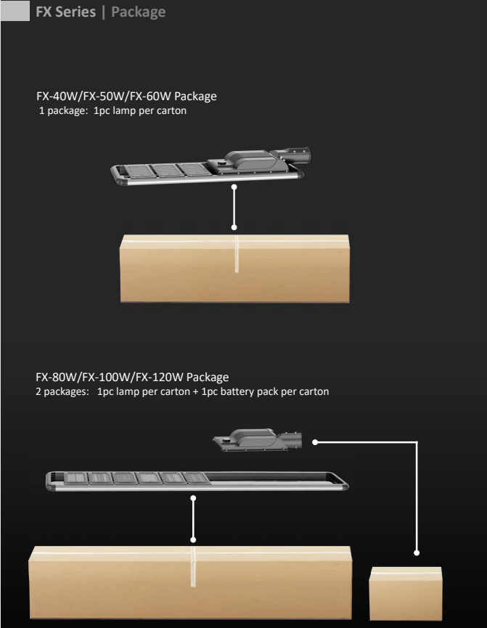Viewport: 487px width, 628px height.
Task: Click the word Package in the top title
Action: [x=138, y=12]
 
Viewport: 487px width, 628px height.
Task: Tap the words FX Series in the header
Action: [x=65, y=12]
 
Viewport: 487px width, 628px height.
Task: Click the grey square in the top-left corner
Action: [x=15, y=10]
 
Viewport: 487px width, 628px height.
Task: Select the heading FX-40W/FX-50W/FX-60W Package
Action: [x=126, y=96]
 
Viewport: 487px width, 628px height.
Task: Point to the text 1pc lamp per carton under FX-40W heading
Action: [x=140, y=110]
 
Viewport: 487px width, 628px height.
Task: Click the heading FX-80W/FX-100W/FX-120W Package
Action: [x=132, y=377]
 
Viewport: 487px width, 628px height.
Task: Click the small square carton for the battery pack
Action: [x=405, y=594]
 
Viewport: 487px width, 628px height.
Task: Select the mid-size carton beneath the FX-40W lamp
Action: [x=234, y=269]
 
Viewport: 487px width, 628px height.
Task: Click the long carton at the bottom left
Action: [x=190, y=582]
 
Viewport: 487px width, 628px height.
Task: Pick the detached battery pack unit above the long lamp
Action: [x=257, y=440]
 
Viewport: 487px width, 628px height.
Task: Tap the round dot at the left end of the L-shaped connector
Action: [x=315, y=442]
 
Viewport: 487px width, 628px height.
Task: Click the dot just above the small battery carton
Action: [x=417, y=552]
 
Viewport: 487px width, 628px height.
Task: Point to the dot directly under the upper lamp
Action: [x=234, y=187]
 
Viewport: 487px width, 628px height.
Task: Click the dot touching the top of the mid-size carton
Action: [x=234, y=227]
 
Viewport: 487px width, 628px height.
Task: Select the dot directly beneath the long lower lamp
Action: [x=193, y=498]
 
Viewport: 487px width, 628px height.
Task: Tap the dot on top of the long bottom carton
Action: [x=193, y=540]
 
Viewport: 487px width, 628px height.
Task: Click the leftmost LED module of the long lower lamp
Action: [x=75, y=478]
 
